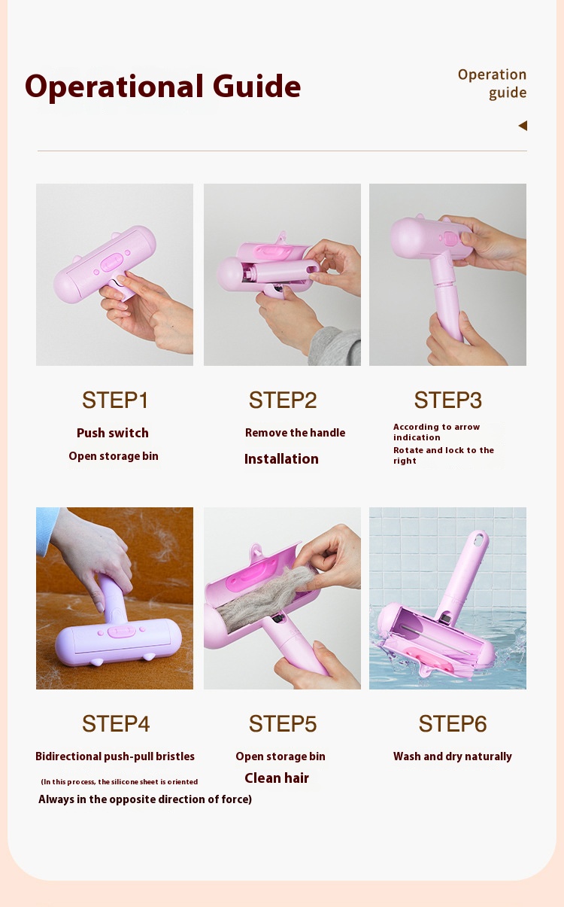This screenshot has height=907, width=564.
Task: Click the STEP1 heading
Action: [115, 400]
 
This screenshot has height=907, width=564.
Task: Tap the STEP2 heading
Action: [283, 400]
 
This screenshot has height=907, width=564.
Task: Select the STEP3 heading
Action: [448, 400]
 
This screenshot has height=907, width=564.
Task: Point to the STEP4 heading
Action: [116, 723]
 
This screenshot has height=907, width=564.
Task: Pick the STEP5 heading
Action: [283, 723]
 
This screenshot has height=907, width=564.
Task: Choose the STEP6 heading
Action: [453, 723]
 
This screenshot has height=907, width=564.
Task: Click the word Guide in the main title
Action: [256, 87]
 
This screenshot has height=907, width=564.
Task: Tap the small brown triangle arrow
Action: [523, 126]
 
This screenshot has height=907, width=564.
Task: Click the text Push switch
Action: [113, 433]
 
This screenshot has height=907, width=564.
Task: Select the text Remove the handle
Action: [295, 433]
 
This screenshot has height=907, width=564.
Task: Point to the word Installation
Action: [281, 458]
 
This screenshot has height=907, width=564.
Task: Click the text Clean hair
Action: [277, 778]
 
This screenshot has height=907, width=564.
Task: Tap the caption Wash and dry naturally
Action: [453, 756]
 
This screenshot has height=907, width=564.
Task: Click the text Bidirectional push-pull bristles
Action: [115, 756]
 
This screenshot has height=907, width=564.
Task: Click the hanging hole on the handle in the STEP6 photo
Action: [480, 538]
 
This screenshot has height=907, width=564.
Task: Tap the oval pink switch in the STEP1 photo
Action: [111, 262]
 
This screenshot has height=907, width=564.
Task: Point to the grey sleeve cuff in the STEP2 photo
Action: [335, 347]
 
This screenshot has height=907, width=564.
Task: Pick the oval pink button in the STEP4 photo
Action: [121, 632]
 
